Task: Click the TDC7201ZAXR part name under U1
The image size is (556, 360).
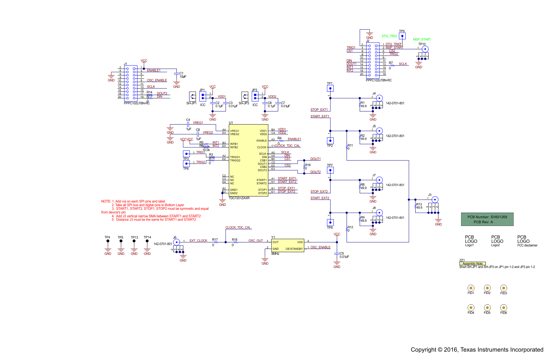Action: click(239, 198)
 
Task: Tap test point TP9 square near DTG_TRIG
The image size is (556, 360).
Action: click(402, 36)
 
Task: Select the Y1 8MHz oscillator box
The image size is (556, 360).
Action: click(288, 245)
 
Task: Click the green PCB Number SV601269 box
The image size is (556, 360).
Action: click(487, 219)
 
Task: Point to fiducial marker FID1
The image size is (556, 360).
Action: click(471, 288)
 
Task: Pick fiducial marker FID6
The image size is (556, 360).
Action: click(503, 307)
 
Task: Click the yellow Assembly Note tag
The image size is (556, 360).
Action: click(472, 263)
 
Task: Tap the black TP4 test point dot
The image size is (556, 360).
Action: click(108, 241)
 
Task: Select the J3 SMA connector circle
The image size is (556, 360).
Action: click(435, 199)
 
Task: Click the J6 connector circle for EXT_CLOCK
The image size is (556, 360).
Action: click(176, 242)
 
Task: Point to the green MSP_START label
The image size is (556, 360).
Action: click(422, 39)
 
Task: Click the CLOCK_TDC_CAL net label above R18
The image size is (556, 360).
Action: click(238, 227)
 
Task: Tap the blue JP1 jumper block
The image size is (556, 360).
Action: click(203, 97)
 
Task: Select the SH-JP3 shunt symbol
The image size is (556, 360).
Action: click(245, 97)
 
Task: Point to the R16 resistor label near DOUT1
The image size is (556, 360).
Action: click(308, 165)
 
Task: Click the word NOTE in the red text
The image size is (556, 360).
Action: click(106, 201)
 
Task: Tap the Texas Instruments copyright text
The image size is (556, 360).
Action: click(477, 350)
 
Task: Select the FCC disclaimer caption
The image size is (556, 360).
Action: click(527, 245)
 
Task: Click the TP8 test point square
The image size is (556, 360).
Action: click(330, 223)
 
